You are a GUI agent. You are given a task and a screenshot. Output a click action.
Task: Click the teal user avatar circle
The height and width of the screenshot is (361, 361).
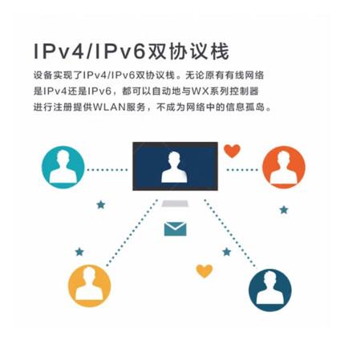point(63,167)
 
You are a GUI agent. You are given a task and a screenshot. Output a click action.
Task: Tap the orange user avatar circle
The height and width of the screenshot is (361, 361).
point(284,167)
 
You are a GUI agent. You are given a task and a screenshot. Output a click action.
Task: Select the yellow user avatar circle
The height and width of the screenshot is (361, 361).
point(89,286)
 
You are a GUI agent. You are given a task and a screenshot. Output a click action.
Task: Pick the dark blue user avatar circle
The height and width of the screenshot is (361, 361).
point(270,290)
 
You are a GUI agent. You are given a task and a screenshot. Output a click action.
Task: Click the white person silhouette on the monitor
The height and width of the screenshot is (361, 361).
point(174,168)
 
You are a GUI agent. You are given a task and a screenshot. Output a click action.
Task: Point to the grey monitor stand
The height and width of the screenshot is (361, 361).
point(175,204)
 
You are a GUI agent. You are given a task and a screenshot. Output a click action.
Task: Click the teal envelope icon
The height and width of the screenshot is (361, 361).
point(175,229)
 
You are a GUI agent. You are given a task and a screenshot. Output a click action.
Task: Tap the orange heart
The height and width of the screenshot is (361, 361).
point(232,151)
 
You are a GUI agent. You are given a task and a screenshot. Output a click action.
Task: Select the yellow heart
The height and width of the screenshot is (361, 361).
point(205,271)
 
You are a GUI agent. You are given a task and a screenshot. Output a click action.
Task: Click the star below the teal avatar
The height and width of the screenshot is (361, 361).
point(101,205)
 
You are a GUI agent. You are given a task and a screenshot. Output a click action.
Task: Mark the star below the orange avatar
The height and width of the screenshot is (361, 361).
point(284,210)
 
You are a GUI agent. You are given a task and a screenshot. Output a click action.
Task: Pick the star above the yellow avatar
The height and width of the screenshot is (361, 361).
point(79,252)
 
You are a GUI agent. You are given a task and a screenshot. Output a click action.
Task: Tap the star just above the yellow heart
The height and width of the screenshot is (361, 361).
point(227,252)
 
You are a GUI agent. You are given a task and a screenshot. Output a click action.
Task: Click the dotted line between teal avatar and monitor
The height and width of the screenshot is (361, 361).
point(107,170)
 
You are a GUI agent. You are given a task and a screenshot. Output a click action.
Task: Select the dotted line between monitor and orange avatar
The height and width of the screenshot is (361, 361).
point(242,170)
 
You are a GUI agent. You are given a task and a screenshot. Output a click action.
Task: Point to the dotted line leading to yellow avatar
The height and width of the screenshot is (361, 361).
point(132,233)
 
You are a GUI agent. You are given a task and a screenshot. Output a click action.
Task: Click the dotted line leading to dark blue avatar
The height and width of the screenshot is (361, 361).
point(230,233)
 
